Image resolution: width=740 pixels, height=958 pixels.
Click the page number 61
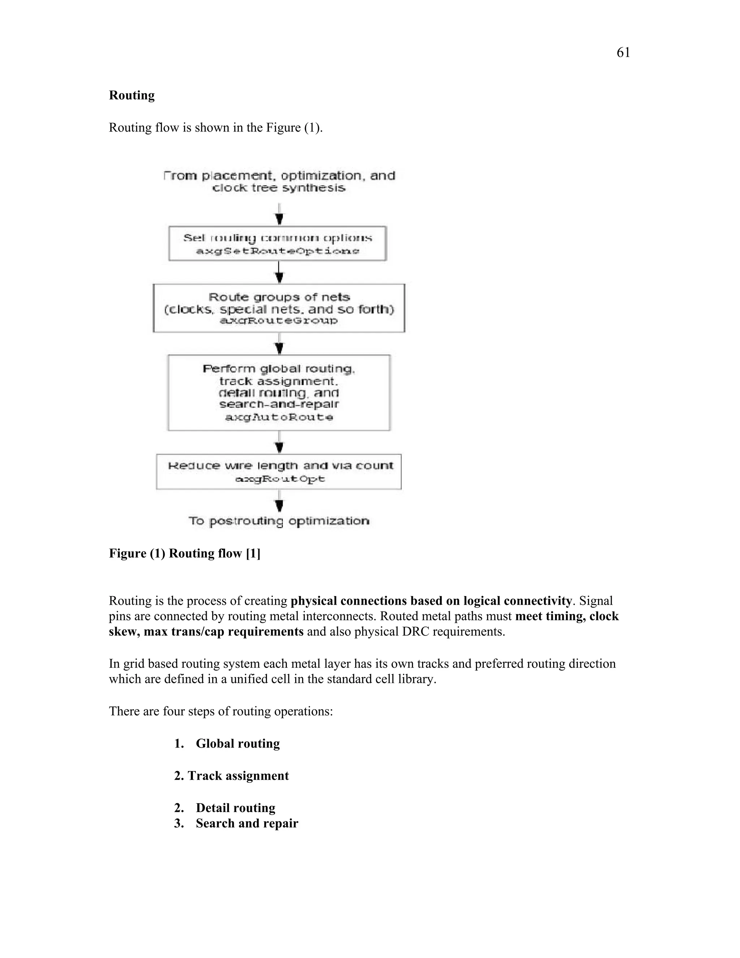[623, 53]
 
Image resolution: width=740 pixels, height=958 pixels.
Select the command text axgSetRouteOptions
[277, 251]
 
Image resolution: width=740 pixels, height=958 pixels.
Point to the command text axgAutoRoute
[279, 417]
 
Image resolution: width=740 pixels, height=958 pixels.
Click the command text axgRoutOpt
[280, 479]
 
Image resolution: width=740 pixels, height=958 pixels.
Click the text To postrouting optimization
[279, 521]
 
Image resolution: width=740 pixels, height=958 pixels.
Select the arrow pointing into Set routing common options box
[279, 215]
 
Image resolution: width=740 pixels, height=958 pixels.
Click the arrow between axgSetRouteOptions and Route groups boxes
[279, 273]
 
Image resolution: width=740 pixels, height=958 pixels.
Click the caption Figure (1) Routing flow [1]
[185, 553]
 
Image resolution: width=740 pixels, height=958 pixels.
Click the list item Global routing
[238, 744]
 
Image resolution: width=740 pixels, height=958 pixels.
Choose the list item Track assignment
[238, 776]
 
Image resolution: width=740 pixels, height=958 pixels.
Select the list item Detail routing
[236, 808]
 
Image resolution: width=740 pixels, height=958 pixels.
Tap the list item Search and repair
[247, 823]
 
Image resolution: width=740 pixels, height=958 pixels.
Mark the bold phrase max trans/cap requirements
[224, 632]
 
